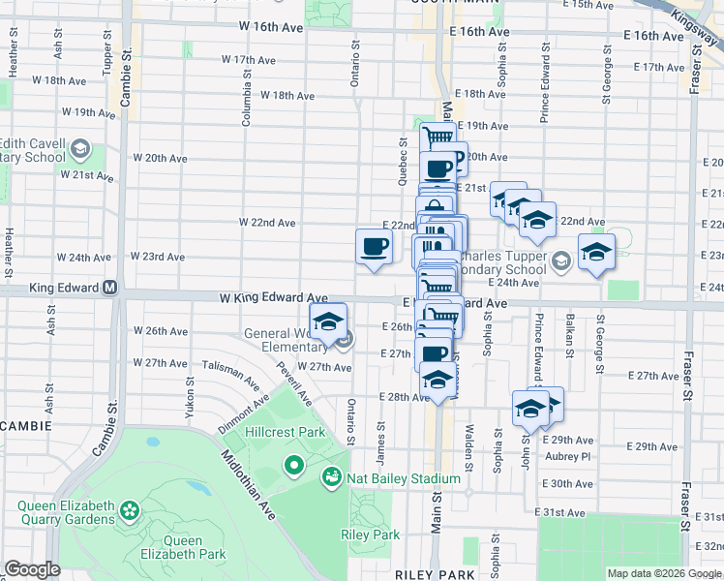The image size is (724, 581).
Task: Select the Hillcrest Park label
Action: tap(286, 431)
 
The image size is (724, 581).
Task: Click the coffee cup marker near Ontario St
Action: tap(374, 247)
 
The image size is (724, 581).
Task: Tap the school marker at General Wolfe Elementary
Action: tap(328, 321)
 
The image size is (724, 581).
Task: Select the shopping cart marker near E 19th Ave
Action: tap(437, 138)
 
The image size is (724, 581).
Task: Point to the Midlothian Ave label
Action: tap(248, 485)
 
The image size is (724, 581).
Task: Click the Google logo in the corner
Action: tap(33, 569)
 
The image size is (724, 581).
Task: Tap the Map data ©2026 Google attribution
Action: tap(664, 573)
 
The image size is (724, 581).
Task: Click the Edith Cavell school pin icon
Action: tap(79, 150)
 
